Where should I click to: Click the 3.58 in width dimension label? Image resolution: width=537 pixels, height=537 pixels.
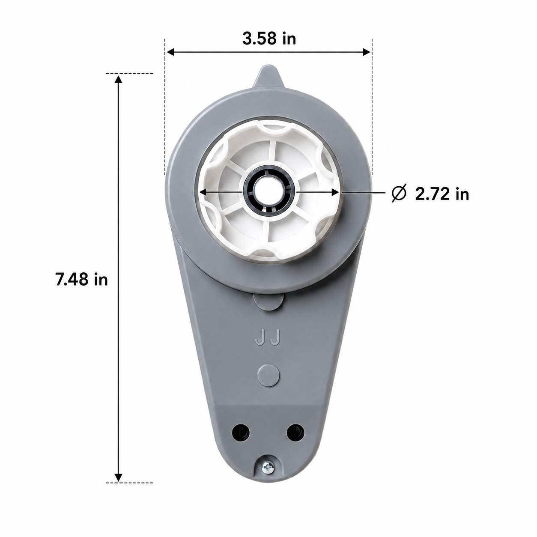269,39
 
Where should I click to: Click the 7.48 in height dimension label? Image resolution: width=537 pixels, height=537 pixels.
82,280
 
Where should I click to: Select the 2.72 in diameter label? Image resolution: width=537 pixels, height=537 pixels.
442,194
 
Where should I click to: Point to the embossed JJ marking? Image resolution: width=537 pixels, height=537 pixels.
267,337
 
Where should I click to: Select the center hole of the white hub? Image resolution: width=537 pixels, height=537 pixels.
269,191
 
